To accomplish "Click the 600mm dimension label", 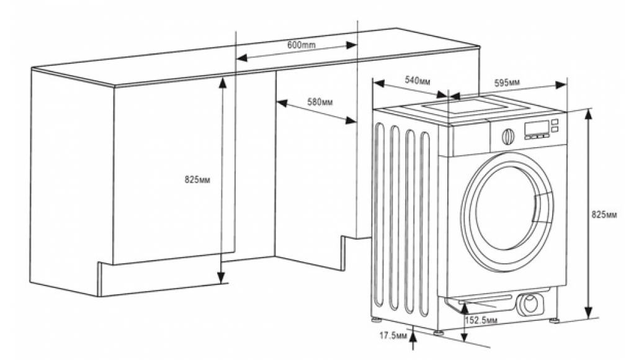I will pos(302,45).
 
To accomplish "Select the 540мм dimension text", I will pos(418,80).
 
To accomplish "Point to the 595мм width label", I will pos(507,83).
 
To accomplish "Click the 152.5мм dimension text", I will pos(481,320).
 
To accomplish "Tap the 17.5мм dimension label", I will pos(393,335).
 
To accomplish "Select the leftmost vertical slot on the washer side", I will pos(380,217).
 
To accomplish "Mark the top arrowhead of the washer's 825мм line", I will pos(589,112).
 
